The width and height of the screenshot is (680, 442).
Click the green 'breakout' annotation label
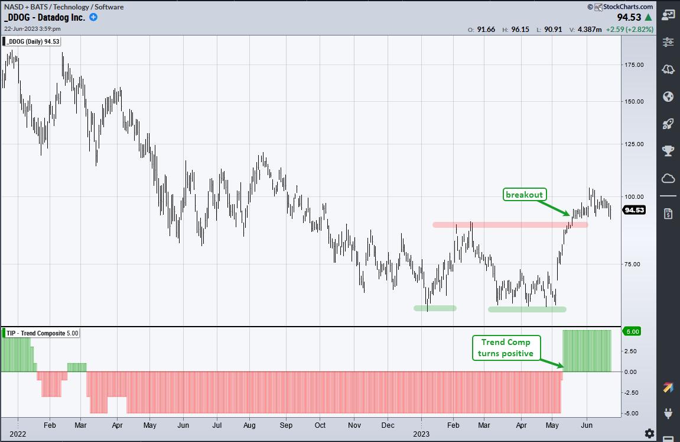coord(523,195)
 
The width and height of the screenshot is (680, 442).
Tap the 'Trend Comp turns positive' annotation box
coord(506,348)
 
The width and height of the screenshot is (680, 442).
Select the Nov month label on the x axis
coord(354,425)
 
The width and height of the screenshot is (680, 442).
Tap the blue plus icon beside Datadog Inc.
coord(93,17)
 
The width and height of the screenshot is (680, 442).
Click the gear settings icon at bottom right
coord(649,433)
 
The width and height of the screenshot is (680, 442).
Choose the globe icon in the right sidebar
coord(668,96)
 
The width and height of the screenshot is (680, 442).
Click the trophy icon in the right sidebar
coord(668,151)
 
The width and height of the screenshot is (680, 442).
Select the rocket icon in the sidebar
coord(668,124)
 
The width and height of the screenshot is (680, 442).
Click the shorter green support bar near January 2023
coord(435,308)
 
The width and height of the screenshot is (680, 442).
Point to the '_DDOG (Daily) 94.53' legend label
coord(32,41)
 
